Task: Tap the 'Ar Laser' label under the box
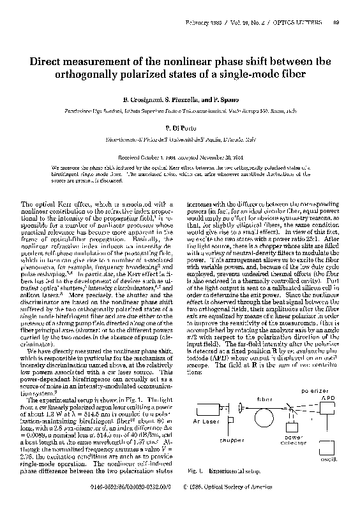click(x=206, y=422)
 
